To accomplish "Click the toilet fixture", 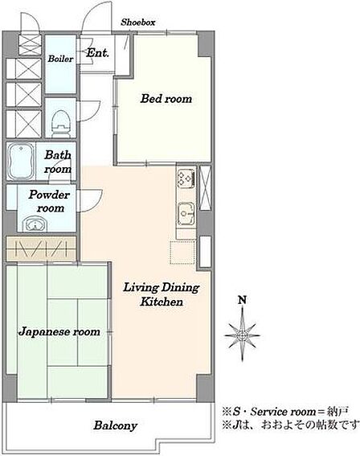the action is tap(61, 123).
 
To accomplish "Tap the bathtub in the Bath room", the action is tap(20, 162).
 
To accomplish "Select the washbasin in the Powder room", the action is tap(35, 224).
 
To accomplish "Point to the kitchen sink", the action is tap(186, 214).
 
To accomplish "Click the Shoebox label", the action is tap(138, 22).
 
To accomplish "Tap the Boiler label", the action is tap(60, 59).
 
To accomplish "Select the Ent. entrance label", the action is tap(97, 53).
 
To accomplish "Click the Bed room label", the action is tap(166, 99).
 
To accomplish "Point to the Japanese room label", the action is tap(59, 332).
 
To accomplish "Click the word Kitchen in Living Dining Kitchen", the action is tap(162, 302).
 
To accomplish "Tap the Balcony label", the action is tap(116, 425).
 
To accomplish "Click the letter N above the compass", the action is tap(243, 300).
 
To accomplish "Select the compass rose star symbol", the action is tap(243, 335).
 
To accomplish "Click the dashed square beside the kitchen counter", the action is tap(182, 253).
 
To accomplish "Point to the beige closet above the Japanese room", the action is tap(41, 249).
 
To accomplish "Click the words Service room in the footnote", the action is tap(283, 412).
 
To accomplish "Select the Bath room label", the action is tap(58, 162).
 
